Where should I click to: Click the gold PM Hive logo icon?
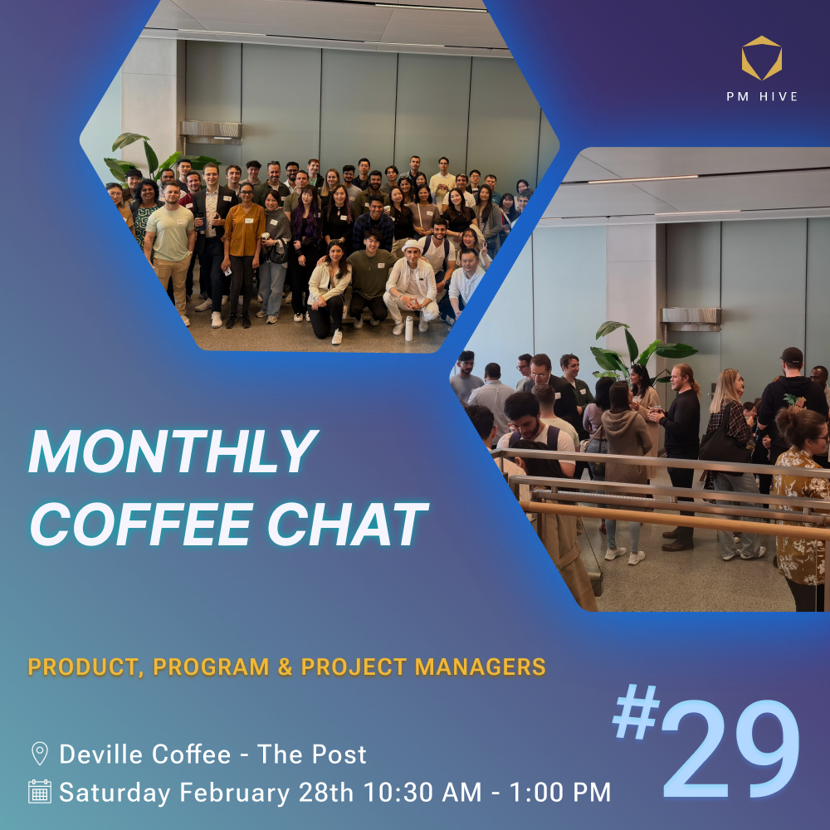click(x=762, y=58)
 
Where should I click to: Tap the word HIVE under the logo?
click(x=779, y=96)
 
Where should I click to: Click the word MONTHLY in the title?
click(x=173, y=452)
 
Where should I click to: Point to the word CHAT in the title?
click(x=348, y=524)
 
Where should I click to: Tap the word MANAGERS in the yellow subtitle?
click(x=480, y=666)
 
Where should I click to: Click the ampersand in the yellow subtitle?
click(x=286, y=666)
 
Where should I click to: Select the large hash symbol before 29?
click(x=637, y=712)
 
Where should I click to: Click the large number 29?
click(x=731, y=749)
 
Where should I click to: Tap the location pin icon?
click(x=40, y=754)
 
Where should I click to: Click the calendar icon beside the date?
click(x=40, y=791)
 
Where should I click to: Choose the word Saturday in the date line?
click(x=115, y=793)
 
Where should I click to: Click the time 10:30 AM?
click(x=422, y=792)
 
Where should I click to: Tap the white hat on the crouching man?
click(x=412, y=247)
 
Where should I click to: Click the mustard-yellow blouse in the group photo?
click(x=243, y=228)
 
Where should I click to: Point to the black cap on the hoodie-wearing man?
click(x=792, y=355)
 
